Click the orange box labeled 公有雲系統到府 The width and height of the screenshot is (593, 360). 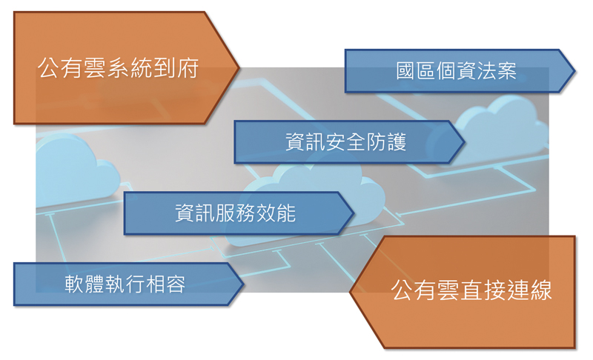coord(121,68)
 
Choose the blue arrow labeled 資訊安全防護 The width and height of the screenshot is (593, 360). coord(348,142)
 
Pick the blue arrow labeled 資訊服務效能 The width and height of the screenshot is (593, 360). coord(238,213)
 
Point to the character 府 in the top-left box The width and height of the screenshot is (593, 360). coord(188,68)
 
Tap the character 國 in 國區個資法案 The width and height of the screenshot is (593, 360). coord(405,70)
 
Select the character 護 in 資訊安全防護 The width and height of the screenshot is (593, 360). coord(397,142)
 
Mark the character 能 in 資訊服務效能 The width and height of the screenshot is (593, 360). coord(286,213)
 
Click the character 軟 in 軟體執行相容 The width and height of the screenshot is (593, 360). coord(74,284)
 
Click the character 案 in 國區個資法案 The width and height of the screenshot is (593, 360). coord(507,70)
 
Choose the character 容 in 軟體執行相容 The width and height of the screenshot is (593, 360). coord(176,284)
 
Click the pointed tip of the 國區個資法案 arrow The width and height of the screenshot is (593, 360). coord(575,71)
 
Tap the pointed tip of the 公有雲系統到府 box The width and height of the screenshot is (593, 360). coord(239,68)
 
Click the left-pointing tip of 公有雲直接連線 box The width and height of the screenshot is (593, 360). coord(350,292)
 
